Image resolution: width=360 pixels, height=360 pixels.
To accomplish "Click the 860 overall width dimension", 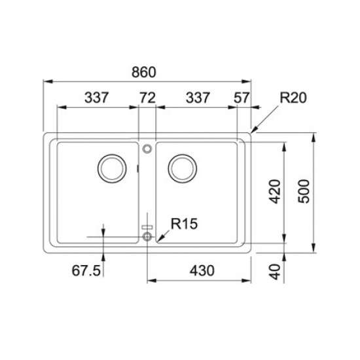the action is (144, 72).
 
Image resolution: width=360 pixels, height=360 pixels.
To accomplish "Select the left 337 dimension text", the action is (96, 98).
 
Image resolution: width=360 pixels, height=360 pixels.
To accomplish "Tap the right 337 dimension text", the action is (198, 98).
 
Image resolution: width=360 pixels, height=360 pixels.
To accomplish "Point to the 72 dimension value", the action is (148, 98).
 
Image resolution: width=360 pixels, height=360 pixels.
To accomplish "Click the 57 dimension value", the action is (242, 98).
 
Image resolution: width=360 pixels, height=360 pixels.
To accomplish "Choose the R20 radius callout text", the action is (293, 98).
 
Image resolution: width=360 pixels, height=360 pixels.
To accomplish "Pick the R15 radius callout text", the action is (184, 224).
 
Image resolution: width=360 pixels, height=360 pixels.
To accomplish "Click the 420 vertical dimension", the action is (275, 192).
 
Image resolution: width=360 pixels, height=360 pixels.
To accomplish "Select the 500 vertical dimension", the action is (304, 191).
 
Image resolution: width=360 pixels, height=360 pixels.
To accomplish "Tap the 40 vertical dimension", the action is (275, 272).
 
